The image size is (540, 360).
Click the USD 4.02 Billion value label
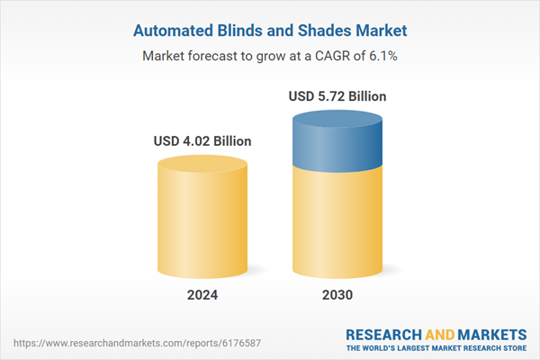[202, 141]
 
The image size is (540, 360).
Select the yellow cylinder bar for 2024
[202, 220]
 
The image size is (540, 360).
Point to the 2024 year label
[202, 295]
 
